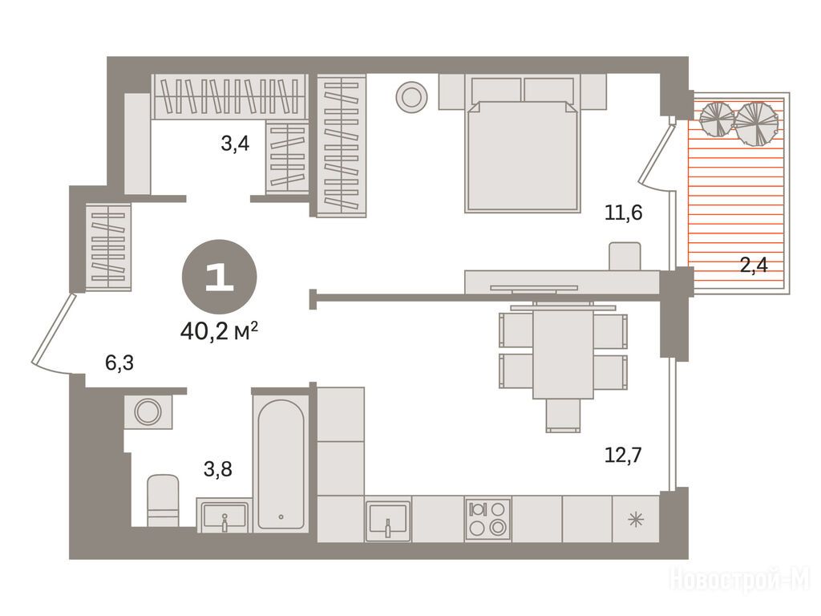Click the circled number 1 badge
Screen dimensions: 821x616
220,277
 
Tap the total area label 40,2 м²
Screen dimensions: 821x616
219,330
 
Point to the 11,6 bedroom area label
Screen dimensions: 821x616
623,213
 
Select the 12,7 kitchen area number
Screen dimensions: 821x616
623,455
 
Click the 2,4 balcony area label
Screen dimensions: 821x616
754,265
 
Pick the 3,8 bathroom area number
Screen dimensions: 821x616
218,469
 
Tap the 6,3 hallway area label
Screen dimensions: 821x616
120,362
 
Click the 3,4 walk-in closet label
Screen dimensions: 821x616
235,143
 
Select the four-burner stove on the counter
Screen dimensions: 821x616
487,519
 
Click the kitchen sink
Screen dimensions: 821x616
388,520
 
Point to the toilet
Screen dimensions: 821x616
163,500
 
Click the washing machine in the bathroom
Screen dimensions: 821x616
148,411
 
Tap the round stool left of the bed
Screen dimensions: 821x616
411,97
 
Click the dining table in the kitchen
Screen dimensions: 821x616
564,354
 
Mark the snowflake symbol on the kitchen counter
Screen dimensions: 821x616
636,520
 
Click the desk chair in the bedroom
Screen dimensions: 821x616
625,256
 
